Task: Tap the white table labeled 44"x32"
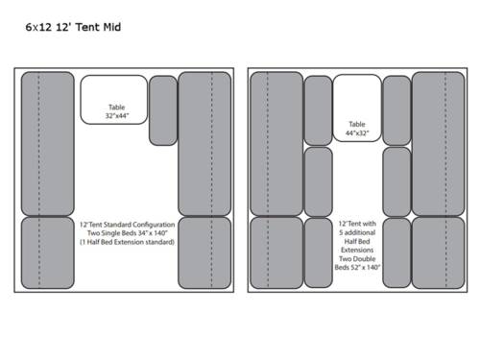[357, 108]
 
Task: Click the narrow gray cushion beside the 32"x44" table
[163, 109]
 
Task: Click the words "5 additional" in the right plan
[357, 231]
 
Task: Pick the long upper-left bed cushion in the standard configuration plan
[47, 143]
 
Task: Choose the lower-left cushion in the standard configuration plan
[47, 252]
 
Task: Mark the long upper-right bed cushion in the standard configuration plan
[204, 143]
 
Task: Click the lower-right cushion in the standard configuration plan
[204, 252]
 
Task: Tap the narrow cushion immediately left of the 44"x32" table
[318, 110]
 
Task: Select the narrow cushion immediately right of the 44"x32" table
[396, 110]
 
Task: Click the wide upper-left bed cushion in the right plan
[276, 143]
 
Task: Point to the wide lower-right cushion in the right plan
[438, 252]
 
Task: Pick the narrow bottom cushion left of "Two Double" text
[318, 252]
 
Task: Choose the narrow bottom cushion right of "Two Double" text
[396, 252]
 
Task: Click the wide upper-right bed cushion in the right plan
[438, 143]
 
